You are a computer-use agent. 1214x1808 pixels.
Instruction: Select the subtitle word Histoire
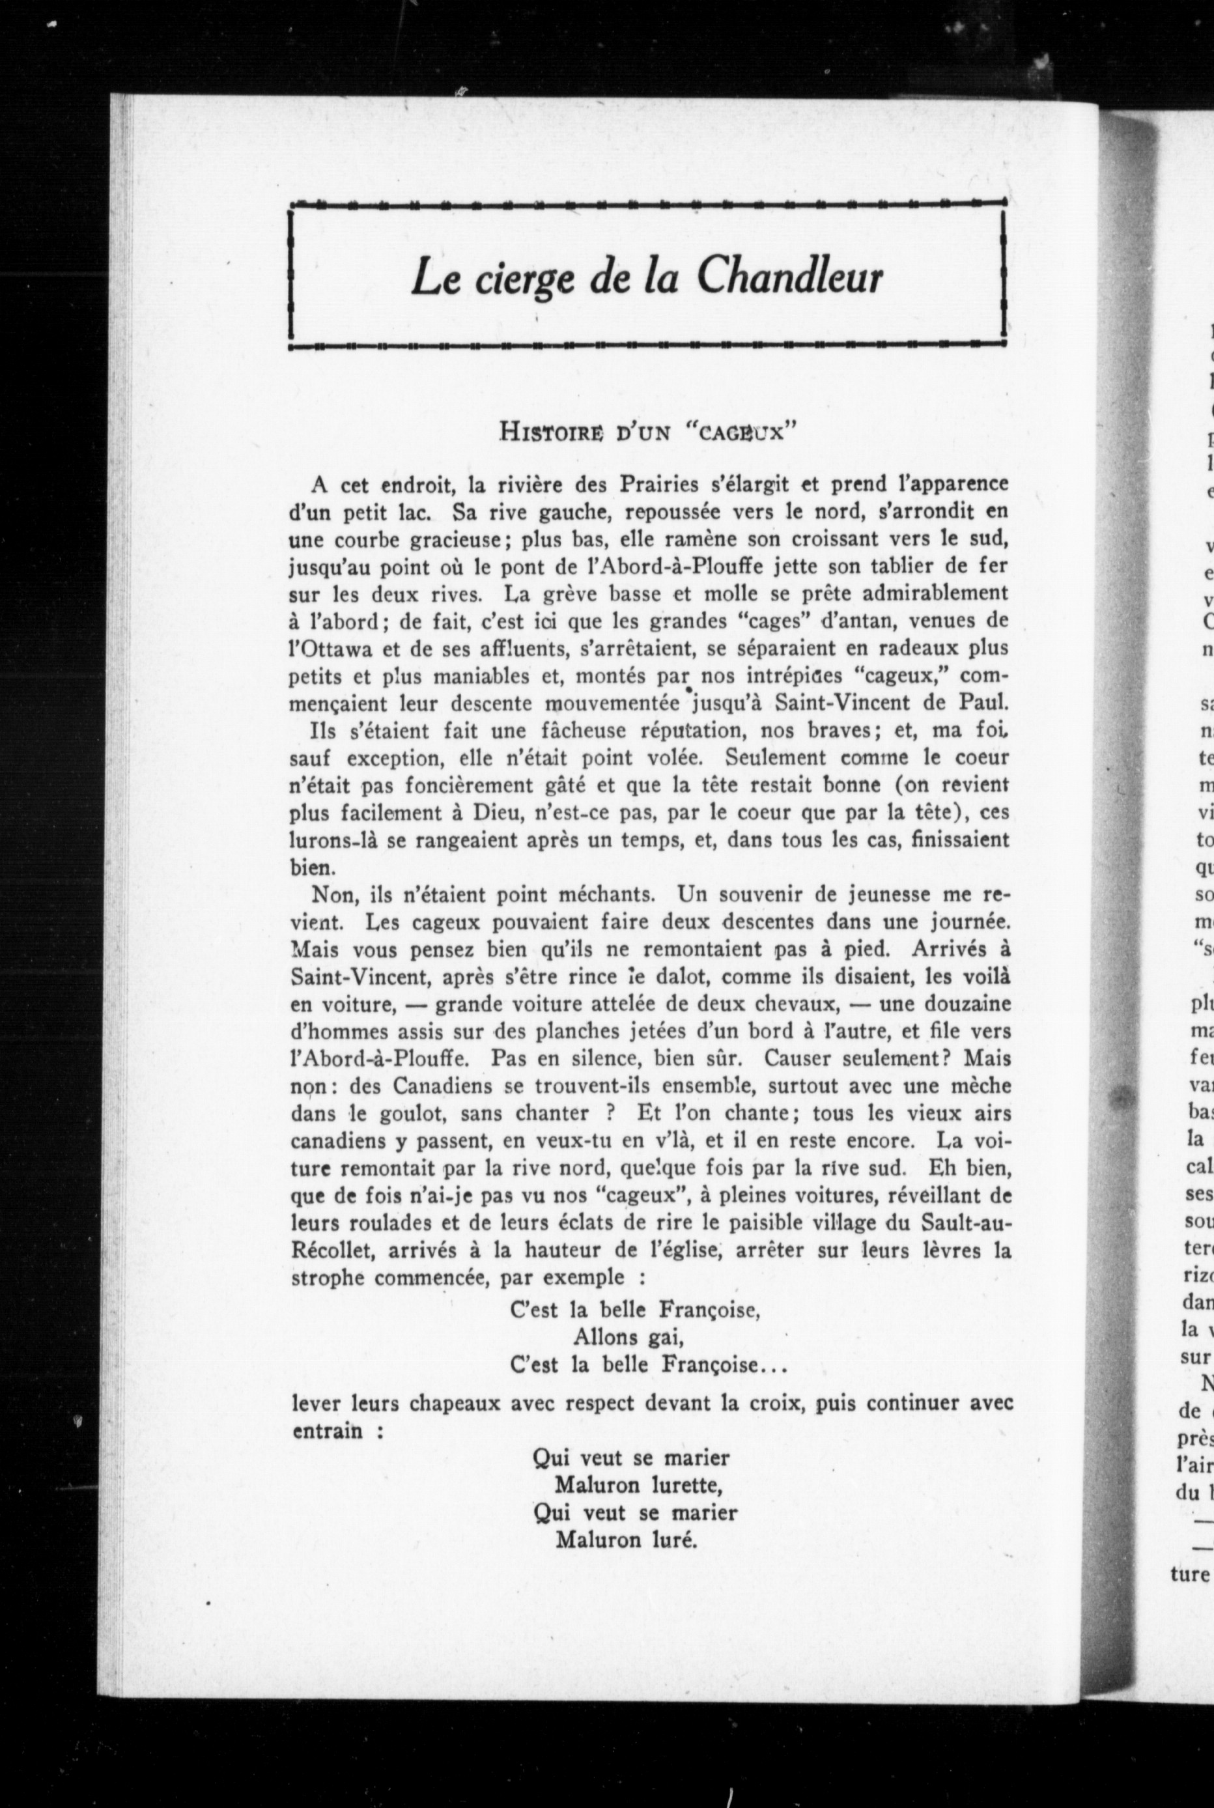(x=551, y=431)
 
